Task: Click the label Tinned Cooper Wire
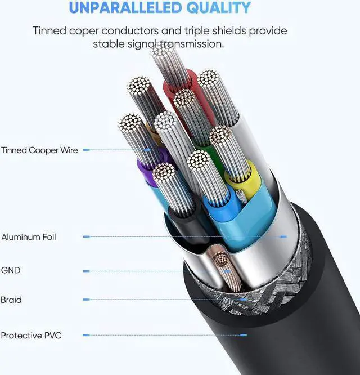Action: click(x=39, y=150)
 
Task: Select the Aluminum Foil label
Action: click(x=29, y=237)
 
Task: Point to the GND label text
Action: click(x=11, y=271)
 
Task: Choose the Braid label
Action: click(x=11, y=300)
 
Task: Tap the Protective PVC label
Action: click(x=31, y=336)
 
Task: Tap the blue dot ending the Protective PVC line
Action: click(x=244, y=336)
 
